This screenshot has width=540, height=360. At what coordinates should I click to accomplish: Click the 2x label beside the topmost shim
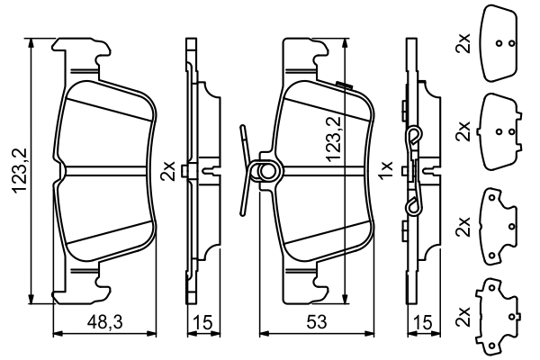[463, 43]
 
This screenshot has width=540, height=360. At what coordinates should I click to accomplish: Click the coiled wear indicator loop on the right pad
[265, 171]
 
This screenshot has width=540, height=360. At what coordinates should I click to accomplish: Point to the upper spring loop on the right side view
[413, 137]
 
